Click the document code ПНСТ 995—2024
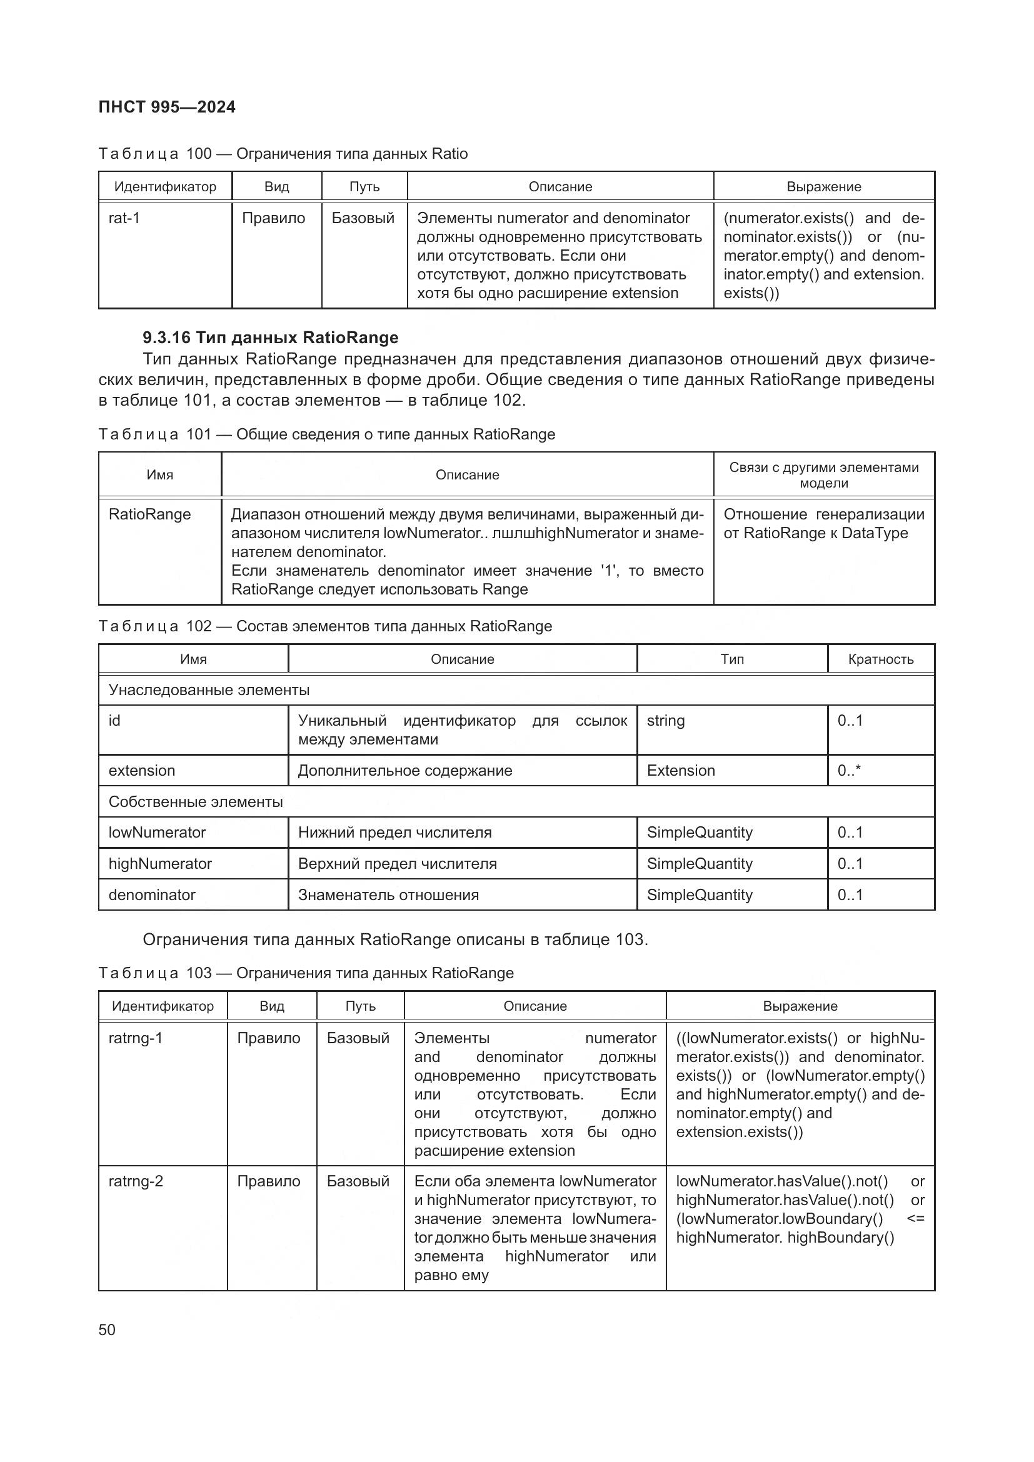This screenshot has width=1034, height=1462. tap(167, 107)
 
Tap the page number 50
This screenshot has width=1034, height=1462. tap(107, 1330)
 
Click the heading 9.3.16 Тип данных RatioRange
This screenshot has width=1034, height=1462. tap(270, 338)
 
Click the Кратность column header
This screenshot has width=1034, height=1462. tap(881, 659)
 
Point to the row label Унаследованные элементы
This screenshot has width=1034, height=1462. tap(209, 689)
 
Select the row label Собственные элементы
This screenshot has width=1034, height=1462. tap(196, 802)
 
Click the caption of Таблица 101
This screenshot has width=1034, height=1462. tap(326, 434)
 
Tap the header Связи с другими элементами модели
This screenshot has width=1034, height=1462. tap(823, 475)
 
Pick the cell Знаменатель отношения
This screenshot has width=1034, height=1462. tap(388, 894)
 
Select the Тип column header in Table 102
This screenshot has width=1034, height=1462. tap(731, 659)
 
